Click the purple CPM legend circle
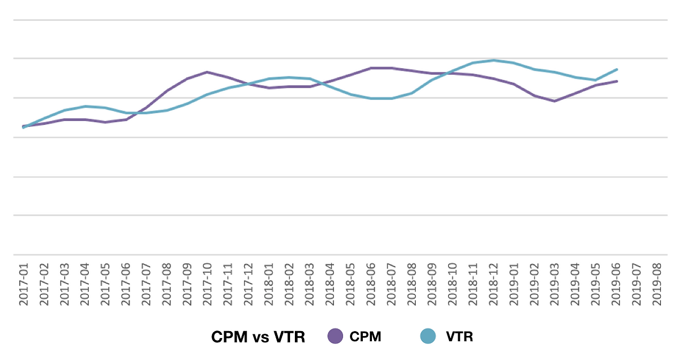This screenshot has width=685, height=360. tap(335, 336)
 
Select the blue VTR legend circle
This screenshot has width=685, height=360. tap(428, 336)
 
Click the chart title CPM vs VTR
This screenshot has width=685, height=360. tap(258, 337)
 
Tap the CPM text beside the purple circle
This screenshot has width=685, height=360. tap(365, 337)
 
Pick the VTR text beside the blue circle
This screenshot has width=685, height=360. tap(459, 337)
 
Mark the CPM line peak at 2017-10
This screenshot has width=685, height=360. tap(207, 72)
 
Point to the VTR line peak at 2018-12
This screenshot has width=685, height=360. tap(493, 60)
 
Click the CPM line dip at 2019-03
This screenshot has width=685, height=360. tap(555, 101)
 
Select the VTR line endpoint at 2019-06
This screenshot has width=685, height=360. tap(617, 70)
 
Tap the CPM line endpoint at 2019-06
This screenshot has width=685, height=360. tap(617, 81)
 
